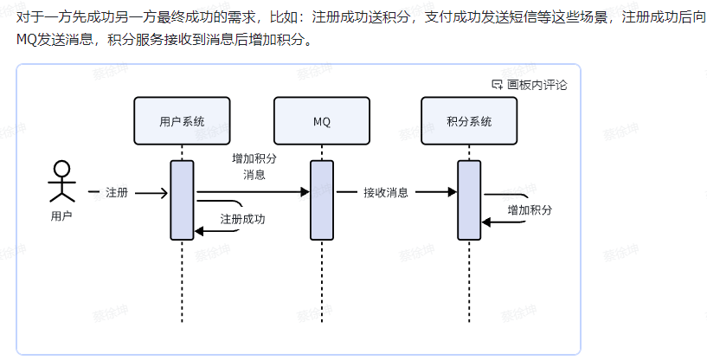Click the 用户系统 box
[x=182, y=120]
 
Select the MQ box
[x=322, y=120]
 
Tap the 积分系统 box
[x=468, y=120]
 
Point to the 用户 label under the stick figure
[x=61, y=216]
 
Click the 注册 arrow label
[x=117, y=192]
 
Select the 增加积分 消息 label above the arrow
[x=254, y=166]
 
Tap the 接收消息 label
[x=386, y=192]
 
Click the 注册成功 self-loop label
[x=242, y=219]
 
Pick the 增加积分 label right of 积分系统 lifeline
[x=530, y=210]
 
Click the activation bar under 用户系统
[x=182, y=200]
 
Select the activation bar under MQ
[x=322, y=200]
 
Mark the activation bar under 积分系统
[x=468, y=200]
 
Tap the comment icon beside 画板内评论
[x=497, y=85]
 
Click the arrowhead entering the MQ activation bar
[x=305, y=192]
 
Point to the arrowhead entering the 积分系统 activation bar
[x=453, y=192]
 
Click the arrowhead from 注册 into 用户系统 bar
[x=164, y=192]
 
